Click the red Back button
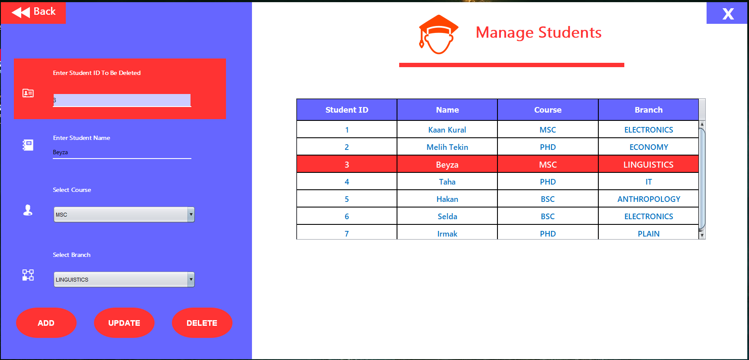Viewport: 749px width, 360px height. [33, 12]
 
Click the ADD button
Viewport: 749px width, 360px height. [46, 323]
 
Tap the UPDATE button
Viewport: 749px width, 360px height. [124, 323]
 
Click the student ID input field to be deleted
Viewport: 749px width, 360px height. [122, 100]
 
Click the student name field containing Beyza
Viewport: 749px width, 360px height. [122, 152]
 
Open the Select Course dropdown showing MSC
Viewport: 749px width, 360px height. [124, 214]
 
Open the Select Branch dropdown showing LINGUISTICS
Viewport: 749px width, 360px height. [124, 279]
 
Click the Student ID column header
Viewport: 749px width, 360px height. [346, 110]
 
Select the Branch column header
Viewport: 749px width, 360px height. [648, 110]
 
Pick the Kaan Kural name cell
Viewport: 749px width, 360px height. [447, 130]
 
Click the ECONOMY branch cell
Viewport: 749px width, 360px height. [648, 147]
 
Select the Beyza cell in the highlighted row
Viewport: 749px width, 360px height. [447, 165]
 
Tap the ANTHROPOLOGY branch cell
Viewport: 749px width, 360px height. [648, 199]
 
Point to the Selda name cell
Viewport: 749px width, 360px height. [447, 217]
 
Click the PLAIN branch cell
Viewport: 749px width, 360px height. [648, 234]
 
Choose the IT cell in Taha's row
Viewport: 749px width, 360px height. [648, 182]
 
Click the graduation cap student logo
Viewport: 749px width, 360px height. [438, 35]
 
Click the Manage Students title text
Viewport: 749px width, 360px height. [538, 32]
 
